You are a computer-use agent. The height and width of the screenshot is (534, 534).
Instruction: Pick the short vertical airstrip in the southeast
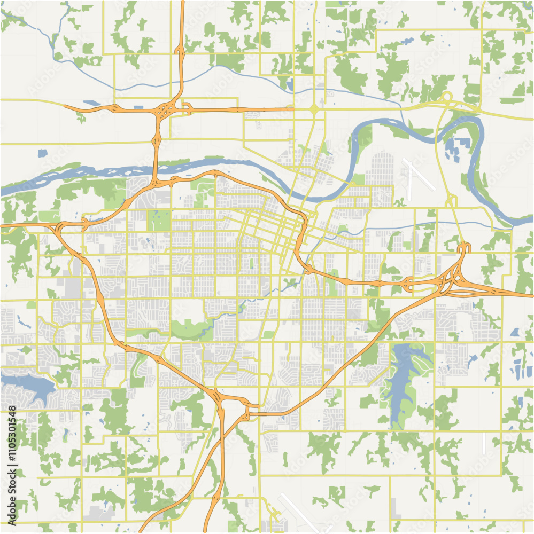tap(484, 443)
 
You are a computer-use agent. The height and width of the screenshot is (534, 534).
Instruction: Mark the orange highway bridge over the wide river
tap(155, 169)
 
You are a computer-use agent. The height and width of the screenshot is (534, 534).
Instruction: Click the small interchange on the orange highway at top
tap(180, 51)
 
